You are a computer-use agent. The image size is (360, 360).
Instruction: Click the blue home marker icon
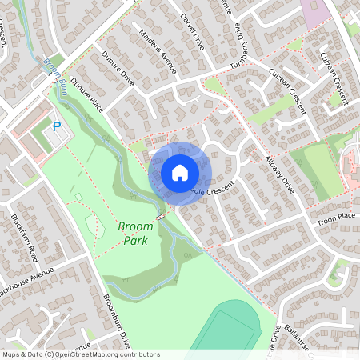(180, 172)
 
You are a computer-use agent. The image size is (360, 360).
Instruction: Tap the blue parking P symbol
(57, 126)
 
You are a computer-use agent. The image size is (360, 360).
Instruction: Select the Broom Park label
(135, 233)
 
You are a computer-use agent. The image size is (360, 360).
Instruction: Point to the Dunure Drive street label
(120, 70)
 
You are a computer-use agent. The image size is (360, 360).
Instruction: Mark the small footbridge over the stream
(162, 216)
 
